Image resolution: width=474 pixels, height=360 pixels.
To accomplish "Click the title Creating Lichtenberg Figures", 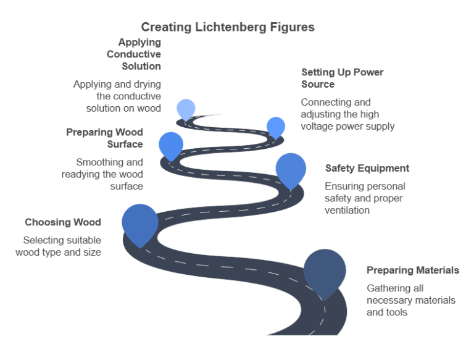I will [x=228, y=27].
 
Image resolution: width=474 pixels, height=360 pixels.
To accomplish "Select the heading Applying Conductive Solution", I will [x=139, y=54].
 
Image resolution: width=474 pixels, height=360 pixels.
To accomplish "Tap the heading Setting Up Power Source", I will [x=342, y=78].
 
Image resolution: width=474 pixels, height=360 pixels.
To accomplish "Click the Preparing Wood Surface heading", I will [x=104, y=138].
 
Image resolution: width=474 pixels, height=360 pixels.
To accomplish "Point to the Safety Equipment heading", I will [x=367, y=168].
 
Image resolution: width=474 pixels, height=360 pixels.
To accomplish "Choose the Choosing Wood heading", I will [x=62, y=222].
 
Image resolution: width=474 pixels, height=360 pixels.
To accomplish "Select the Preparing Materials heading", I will [x=412, y=270].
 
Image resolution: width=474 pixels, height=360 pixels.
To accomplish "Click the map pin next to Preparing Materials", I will [x=325, y=271].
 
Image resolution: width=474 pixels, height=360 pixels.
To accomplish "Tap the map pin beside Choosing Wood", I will [x=140, y=223].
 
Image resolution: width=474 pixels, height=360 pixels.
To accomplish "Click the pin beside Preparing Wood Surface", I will [x=171, y=144].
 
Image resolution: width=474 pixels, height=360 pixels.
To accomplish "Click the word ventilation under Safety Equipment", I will [x=347, y=210].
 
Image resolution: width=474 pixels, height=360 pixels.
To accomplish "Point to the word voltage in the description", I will [x=320, y=126].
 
